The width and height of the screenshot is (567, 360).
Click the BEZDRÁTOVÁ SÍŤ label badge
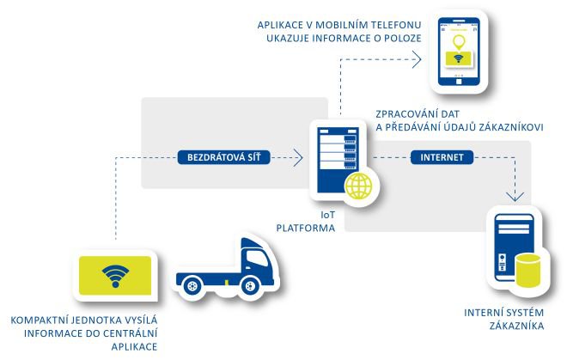pos(224,157)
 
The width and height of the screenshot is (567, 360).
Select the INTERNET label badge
pos(442,157)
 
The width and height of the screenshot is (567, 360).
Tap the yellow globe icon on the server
pos(358,186)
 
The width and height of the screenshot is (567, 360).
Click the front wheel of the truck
pos(249,287)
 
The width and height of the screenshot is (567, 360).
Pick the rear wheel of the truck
pos(192,287)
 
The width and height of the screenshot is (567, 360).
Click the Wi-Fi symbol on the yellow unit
pos(115,276)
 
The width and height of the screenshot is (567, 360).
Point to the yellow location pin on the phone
pos(459,42)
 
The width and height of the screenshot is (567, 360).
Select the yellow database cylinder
pos(528,270)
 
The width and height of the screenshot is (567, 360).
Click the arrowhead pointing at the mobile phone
pos(417,59)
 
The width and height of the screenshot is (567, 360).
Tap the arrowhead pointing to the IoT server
pos(298,157)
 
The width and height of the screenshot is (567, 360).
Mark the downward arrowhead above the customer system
pos(515,197)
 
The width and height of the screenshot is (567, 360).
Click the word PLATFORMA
pos(306,229)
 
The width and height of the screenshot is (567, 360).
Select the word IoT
pos(327,215)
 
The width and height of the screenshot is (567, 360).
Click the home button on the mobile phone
pos(459,82)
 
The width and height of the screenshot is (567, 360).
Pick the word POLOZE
pos(404,38)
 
